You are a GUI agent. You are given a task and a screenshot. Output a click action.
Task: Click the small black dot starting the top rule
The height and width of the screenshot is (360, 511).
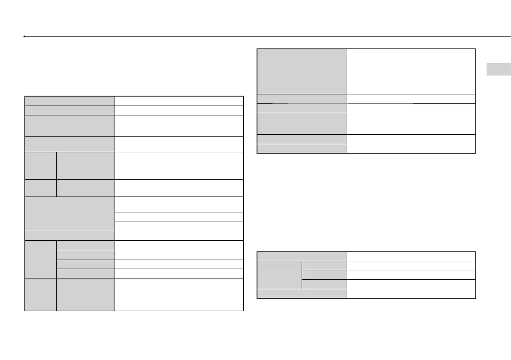(25, 37)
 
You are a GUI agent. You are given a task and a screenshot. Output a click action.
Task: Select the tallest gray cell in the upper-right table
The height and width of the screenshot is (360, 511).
(302, 71)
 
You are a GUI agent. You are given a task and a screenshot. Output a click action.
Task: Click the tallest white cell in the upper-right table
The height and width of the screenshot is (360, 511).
(411, 71)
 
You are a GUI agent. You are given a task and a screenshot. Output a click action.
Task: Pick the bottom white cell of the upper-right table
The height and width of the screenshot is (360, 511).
(411, 148)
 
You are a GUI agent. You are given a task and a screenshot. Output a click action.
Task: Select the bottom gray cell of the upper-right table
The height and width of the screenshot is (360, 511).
(302, 148)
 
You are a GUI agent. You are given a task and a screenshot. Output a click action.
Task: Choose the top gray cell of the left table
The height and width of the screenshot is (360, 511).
(70, 101)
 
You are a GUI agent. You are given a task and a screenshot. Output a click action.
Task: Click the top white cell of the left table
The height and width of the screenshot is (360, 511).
(179, 101)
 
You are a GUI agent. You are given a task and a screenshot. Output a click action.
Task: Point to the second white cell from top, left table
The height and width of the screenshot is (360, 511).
(179, 110)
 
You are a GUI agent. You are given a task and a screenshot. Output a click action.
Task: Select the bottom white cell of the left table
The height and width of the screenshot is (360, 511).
(179, 294)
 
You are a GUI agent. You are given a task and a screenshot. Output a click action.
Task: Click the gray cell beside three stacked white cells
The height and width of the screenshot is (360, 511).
(70, 214)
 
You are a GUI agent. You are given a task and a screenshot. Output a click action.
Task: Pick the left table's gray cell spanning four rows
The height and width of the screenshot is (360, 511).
(40, 259)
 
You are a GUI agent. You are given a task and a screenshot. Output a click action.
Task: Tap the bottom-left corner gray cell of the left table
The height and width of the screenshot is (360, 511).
(40, 294)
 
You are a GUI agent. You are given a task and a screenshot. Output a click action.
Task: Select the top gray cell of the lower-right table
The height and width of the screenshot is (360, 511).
(302, 256)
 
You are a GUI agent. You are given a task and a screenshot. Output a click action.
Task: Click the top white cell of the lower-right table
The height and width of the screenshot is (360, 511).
(411, 256)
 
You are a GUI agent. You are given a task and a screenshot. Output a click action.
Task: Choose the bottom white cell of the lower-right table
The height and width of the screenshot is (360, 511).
(411, 293)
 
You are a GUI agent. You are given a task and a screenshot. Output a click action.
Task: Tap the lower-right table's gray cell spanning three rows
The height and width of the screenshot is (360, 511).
(279, 275)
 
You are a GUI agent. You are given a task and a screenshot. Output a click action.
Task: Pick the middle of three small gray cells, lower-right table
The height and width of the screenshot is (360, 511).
(324, 275)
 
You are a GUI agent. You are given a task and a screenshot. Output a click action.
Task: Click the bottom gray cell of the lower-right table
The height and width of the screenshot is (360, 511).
(302, 293)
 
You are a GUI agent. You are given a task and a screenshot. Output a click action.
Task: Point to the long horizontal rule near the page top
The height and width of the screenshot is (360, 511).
(266, 37)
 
